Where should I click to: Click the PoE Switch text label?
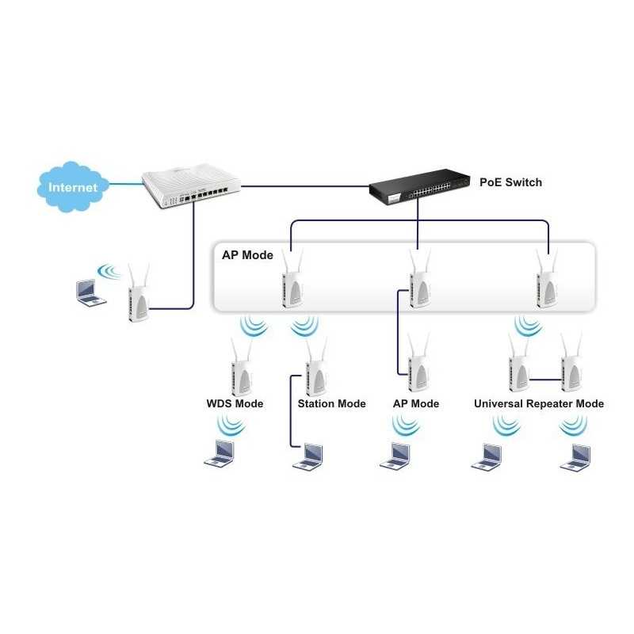(511, 182)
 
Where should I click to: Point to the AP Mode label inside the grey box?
(246, 255)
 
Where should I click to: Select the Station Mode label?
(331, 403)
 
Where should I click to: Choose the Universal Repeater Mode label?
(538, 403)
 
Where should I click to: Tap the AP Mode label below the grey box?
(415, 403)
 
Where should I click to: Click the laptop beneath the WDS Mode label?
(220, 453)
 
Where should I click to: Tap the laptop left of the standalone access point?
(89, 292)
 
